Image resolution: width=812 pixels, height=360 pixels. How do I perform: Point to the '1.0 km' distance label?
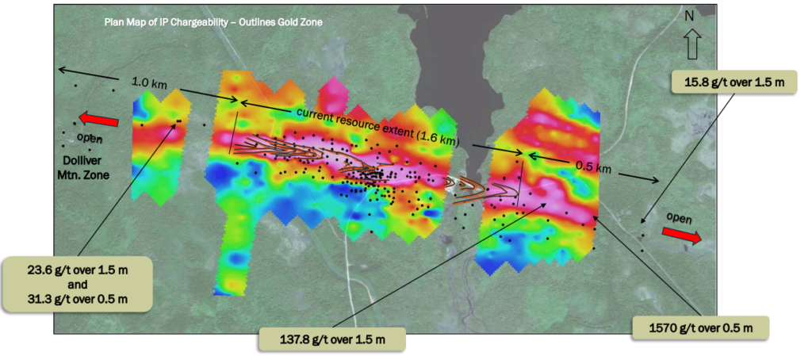coord(149,82)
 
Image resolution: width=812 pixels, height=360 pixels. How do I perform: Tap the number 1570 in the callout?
coord(660,327)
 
